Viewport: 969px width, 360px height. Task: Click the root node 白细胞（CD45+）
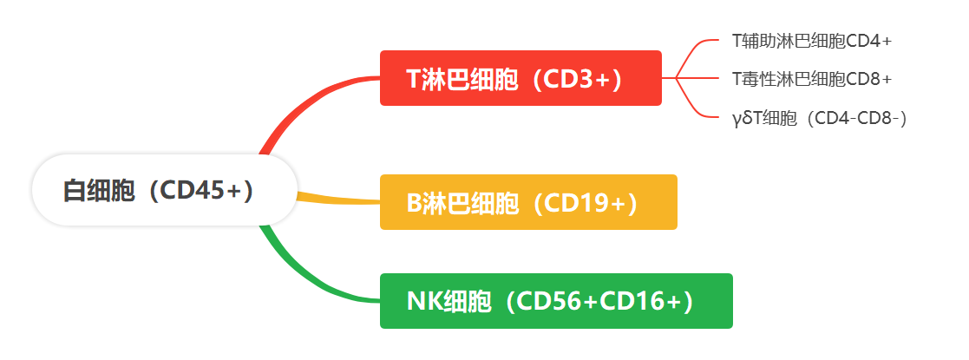click(164, 190)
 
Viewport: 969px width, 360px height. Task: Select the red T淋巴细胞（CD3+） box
click(521, 78)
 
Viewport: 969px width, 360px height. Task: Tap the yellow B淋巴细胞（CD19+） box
click(528, 202)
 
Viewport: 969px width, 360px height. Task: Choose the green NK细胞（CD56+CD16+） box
click(556, 301)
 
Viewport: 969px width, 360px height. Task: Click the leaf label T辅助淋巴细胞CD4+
click(812, 41)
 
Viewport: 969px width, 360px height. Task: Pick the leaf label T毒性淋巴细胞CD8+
click(812, 78)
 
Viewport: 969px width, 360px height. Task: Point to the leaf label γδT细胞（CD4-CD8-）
click(820, 118)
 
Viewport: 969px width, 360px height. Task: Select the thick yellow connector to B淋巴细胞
click(338, 199)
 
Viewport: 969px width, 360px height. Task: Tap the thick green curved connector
click(303, 276)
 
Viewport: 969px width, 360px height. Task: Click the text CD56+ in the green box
click(556, 301)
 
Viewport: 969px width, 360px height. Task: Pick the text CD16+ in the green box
click(640, 301)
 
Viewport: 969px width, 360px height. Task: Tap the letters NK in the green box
click(424, 301)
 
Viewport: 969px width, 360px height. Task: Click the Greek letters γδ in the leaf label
click(741, 119)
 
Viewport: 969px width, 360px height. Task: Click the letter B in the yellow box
click(414, 203)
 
